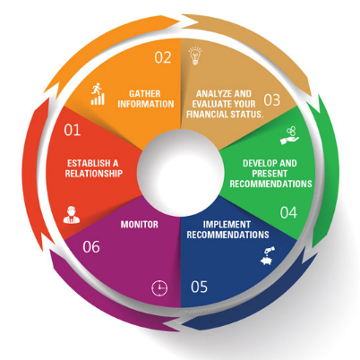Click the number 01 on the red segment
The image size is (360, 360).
tap(73, 131)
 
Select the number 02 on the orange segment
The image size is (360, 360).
tap(162, 57)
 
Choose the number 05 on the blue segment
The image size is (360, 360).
tap(201, 288)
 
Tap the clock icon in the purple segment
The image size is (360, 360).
tap(159, 287)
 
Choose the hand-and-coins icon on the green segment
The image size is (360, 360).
tap(290, 132)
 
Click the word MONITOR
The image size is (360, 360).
tap(140, 223)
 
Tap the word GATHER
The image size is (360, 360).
tap(144, 91)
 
